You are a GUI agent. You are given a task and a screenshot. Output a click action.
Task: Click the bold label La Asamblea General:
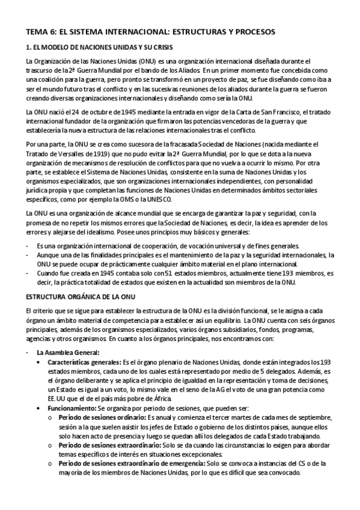pyautogui.click(x=67, y=352)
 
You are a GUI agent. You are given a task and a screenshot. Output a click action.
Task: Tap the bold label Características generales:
pyautogui.click(x=84, y=363)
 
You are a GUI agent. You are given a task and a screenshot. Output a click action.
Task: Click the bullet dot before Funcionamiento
pyautogui.click(x=40, y=408)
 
